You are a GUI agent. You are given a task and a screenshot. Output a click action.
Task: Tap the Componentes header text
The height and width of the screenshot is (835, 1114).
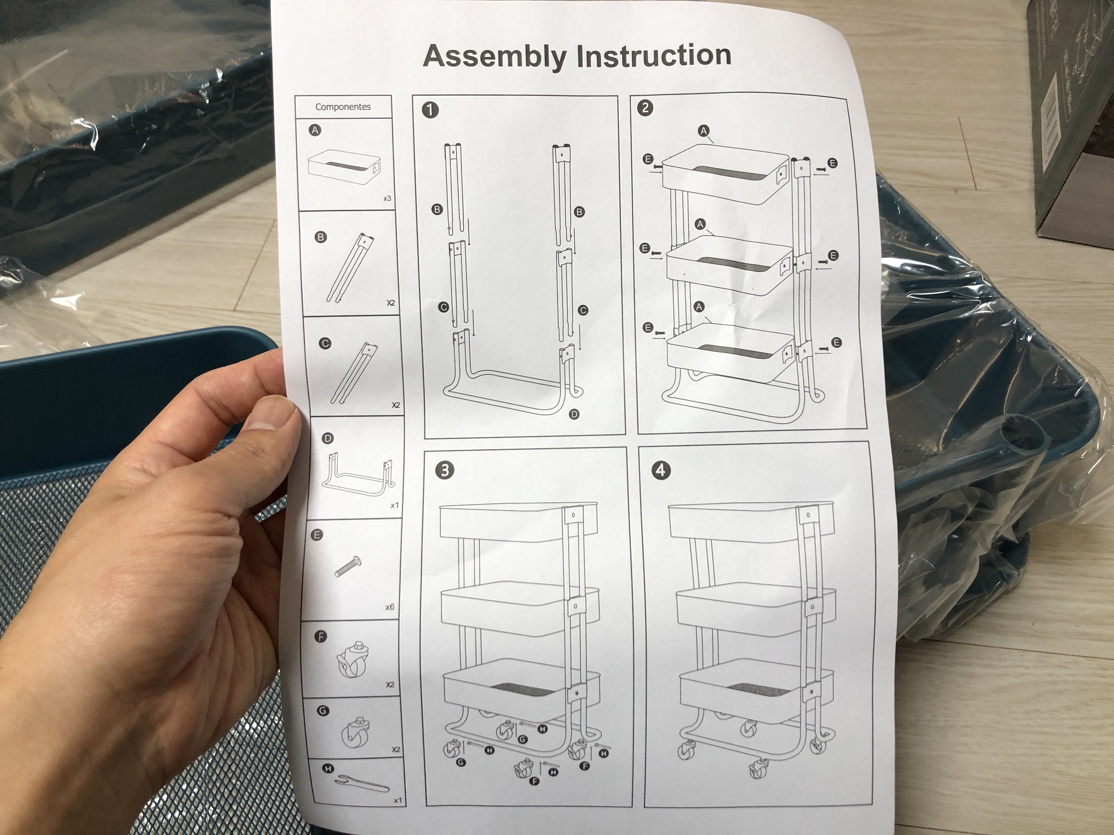[343, 107]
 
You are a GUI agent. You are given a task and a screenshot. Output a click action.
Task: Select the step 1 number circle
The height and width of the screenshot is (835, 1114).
[430, 110]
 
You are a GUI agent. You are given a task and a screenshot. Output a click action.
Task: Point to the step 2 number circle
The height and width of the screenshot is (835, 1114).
[645, 108]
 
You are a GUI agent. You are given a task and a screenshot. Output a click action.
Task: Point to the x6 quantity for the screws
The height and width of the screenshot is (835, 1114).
[390, 607]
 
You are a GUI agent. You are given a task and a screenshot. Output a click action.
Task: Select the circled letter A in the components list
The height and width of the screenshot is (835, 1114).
[315, 130]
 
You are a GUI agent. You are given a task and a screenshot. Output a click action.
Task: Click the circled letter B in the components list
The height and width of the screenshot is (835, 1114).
[320, 237]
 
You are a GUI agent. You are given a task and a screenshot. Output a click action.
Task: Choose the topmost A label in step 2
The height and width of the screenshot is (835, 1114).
[703, 131]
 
